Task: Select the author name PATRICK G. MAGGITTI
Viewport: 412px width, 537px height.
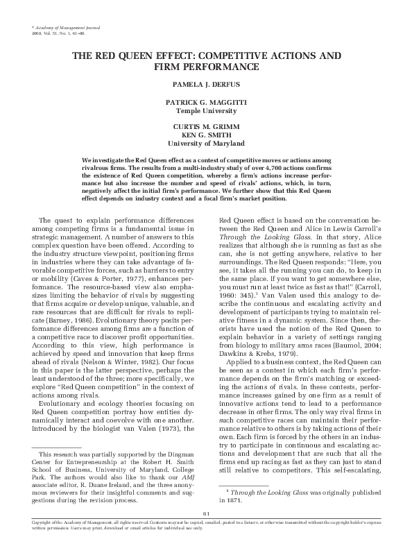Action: [205, 101]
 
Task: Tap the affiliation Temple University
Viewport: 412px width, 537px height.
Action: [205, 110]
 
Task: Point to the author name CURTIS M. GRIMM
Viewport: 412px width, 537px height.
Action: [205, 126]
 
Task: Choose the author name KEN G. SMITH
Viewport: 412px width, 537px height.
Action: [205, 135]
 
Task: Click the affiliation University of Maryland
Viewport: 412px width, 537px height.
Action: [205, 143]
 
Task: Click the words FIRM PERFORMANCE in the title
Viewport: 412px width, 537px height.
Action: [205, 67]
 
